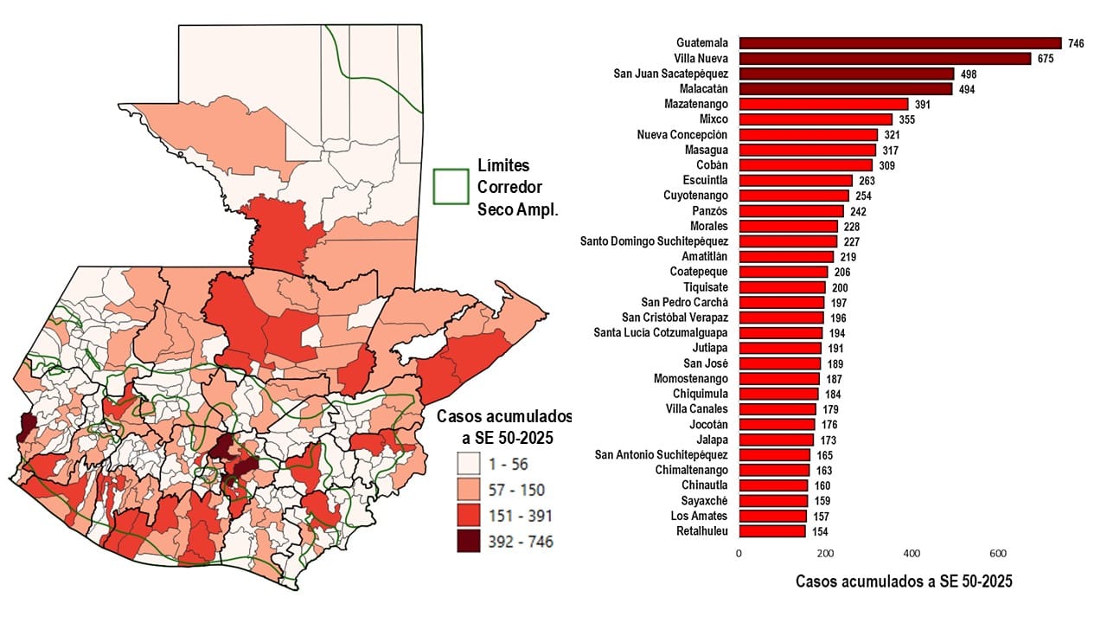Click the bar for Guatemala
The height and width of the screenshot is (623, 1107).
pos(899,43)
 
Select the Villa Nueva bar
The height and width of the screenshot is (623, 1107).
pos(885,59)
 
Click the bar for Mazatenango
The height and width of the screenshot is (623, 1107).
pos(823,104)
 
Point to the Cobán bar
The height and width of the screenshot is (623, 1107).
pos(805,165)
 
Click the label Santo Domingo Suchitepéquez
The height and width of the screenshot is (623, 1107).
pos(654,241)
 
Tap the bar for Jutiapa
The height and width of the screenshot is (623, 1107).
pos(780,348)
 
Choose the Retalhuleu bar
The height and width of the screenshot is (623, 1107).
pos(772,531)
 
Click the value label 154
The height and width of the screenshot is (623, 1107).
pos(820,531)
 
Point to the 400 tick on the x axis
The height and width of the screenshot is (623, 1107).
pos(911,553)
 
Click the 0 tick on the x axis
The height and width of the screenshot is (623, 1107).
pos(739,553)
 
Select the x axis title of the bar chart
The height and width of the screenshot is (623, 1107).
pos(904,581)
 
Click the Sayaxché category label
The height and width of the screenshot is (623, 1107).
pos(704,501)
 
